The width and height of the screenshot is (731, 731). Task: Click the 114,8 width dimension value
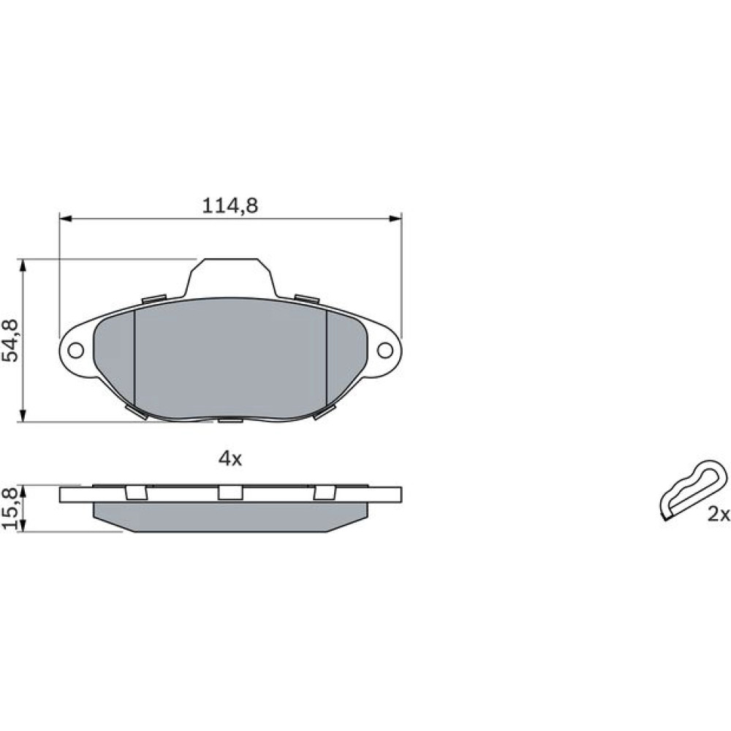[x=230, y=205]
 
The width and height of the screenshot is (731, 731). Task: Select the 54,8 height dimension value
[x=10, y=341]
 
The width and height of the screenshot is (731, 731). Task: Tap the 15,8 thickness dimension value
[x=10, y=508]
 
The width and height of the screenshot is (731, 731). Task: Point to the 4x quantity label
[x=230, y=459]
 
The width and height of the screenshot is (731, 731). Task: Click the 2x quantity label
[x=719, y=515]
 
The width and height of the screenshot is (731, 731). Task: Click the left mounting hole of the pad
[x=75, y=350]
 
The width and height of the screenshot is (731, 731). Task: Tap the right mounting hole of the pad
[x=385, y=350]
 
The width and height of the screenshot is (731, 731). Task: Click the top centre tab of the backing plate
[x=230, y=277]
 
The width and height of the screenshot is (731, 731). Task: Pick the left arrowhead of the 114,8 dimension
[x=65, y=218]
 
